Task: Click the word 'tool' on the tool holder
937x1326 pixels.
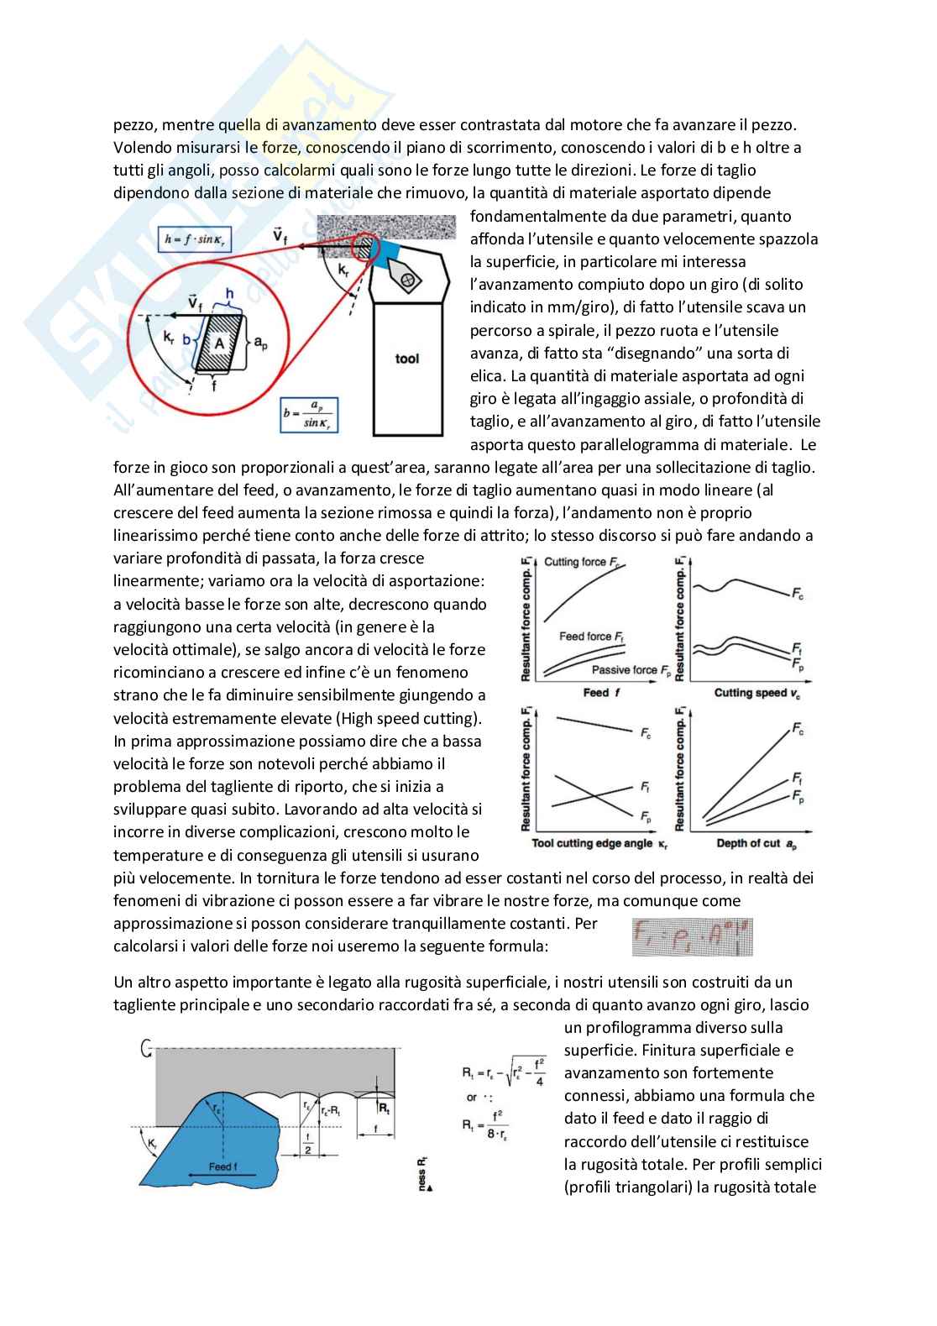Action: (407, 359)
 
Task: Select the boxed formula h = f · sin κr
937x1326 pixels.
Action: (196, 239)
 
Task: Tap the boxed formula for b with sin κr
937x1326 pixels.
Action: (310, 414)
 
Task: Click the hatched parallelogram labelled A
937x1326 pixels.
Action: (219, 343)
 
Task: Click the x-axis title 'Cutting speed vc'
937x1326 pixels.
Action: (756, 693)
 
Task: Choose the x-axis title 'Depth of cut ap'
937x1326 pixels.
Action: (756, 842)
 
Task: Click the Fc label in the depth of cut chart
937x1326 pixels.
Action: (798, 730)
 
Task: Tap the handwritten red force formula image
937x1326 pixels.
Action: (692, 936)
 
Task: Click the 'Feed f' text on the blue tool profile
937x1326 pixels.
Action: (222, 1166)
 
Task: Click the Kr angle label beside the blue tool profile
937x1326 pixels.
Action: (152, 1143)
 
